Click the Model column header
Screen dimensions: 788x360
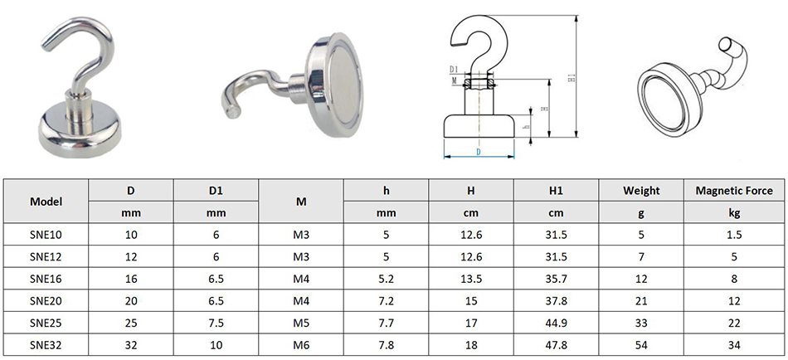coord(46,202)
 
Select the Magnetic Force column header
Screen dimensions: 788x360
coord(734,191)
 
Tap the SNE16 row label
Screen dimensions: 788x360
coord(46,279)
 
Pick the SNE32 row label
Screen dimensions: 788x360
coord(46,345)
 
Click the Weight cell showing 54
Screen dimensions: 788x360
coord(641,345)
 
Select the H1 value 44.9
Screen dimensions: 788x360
coord(557,324)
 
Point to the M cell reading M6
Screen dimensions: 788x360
coord(301,345)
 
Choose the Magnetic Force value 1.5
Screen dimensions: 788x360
coord(734,235)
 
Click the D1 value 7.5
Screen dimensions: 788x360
coord(216,324)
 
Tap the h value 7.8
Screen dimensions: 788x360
coord(386,345)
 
